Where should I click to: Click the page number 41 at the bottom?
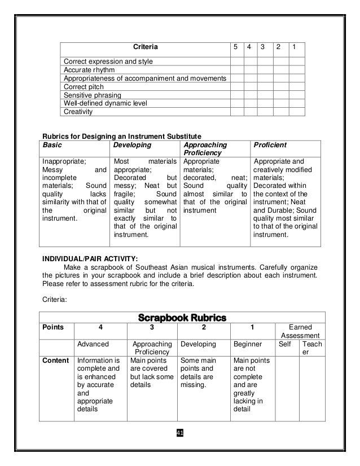(x=180, y=433)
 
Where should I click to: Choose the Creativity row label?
(x=77, y=112)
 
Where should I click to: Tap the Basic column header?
(x=52, y=145)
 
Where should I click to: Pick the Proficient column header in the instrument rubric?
(x=270, y=145)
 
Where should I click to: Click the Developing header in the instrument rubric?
(x=133, y=145)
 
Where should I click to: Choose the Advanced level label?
(x=93, y=344)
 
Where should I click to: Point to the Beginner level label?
(x=249, y=344)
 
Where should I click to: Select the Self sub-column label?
(x=286, y=344)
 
